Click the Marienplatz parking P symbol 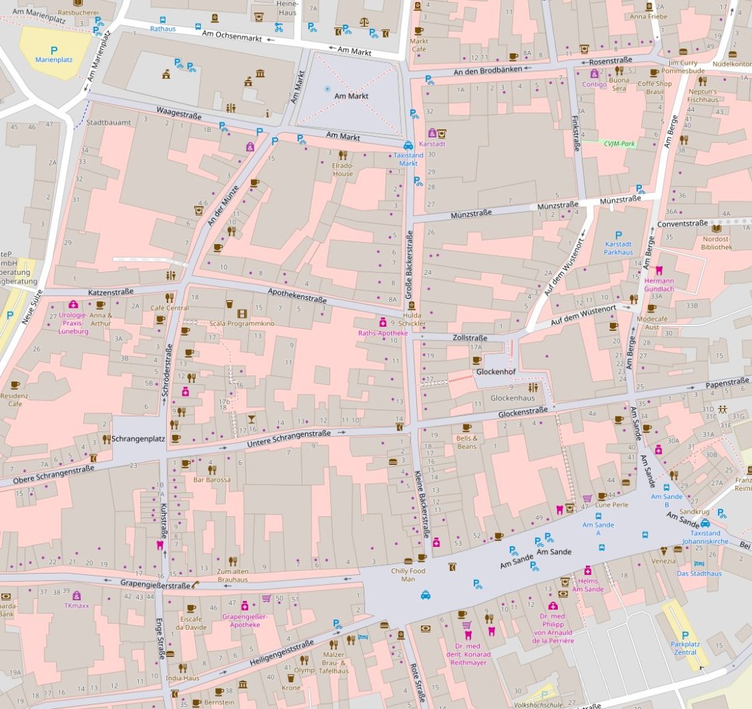(53, 50)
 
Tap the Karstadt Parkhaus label (619, 248)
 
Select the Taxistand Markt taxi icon (408, 145)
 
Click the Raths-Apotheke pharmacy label (383, 333)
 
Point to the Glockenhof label (496, 372)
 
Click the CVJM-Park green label (620, 144)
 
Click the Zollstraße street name (470, 338)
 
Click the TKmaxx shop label (77, 606)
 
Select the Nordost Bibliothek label (716, 243)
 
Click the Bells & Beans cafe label (466, 442)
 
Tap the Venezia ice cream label (663, 561)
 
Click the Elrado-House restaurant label (343, 170)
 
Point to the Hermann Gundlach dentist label (659, 284)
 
